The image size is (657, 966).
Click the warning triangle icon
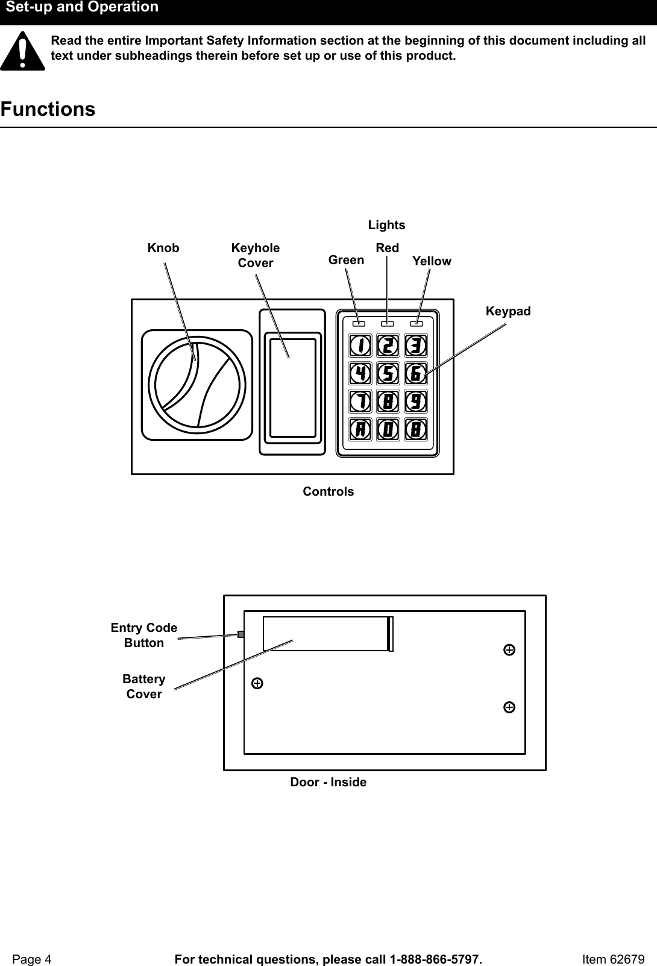click(22, 52)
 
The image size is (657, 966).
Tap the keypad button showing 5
click(388, 373)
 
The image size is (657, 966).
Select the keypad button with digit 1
click(360, 346)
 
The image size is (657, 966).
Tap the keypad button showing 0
click(388, 429)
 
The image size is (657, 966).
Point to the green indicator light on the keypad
click(359, 324)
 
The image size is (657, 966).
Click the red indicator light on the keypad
click(388, 324)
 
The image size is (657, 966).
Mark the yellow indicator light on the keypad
click(417, 324)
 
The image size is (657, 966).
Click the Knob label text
click(163, 248)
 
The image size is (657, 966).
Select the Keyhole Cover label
click(256, 256)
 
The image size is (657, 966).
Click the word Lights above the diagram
click(387, 225)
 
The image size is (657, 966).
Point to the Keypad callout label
click(508, 311)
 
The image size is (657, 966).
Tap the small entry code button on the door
click(240, 634)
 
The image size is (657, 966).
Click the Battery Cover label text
click(144, 686)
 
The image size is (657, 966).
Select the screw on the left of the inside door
click(257, 683)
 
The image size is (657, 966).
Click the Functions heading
click(48, 110)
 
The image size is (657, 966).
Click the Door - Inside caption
click(328, 782)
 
